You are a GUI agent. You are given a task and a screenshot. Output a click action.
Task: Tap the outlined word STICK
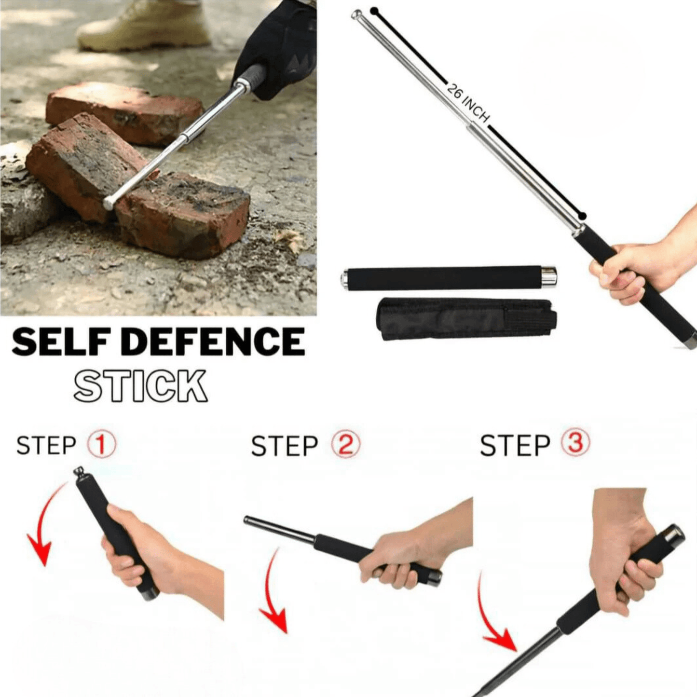[140, 386]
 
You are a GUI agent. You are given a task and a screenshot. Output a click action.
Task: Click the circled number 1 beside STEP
[101, 444]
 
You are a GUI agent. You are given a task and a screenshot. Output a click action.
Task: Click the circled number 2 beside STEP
[345, 444]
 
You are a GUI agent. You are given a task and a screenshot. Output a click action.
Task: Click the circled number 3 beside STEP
[575, 442]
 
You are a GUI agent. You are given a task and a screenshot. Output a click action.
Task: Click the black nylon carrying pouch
[465, 319]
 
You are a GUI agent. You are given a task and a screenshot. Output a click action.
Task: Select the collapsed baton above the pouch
[449, 278]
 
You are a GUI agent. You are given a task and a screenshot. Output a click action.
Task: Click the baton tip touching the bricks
[109, 203]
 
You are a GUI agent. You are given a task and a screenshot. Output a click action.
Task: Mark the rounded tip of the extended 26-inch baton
[357, 15]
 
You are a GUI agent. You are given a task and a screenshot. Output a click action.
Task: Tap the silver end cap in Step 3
[673, 535]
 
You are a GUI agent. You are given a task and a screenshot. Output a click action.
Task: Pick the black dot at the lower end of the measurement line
[582, 216]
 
